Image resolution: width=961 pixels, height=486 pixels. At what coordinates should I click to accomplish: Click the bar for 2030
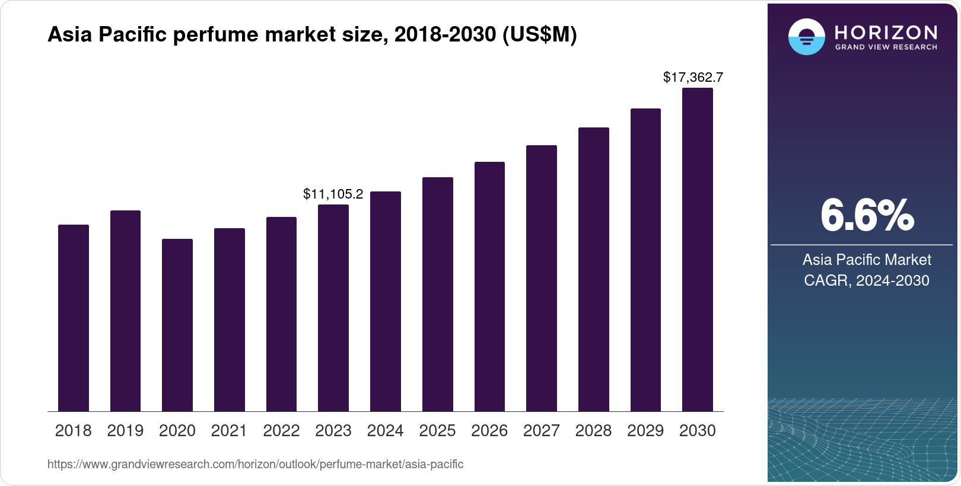(x=697, y=250)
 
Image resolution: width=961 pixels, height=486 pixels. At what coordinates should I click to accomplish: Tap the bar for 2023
(x=333, y=308)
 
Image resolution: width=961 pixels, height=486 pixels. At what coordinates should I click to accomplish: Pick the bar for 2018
(x=73, y=318)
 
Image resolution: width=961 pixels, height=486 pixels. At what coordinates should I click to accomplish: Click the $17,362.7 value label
(x=693, y=77)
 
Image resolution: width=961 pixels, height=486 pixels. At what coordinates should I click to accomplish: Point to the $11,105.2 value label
(x=333, y=194)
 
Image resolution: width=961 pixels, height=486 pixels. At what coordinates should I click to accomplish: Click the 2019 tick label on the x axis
(x=125, y=431)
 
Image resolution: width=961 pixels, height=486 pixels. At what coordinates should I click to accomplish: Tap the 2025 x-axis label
(x=437, y=431)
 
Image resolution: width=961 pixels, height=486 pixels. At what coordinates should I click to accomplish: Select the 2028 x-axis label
(x=593, y=431)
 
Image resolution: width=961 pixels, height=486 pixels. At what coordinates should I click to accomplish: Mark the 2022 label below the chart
(x=281, y=431)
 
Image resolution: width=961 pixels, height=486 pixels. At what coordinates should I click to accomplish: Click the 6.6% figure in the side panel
(x=867, y=216)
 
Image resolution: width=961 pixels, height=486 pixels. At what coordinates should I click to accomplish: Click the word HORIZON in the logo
(x=886, y=32)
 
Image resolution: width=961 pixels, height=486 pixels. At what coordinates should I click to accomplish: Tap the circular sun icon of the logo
(x=806, y=37)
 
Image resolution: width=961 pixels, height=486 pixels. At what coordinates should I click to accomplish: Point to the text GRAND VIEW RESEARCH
(x=886, y=47)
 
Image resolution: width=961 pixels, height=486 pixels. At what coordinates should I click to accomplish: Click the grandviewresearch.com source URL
(x=255, y=464)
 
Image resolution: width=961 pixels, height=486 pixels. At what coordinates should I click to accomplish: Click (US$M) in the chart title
(x=539, y=35)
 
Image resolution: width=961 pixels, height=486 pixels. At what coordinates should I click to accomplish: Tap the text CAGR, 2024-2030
(x=866, y=280)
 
